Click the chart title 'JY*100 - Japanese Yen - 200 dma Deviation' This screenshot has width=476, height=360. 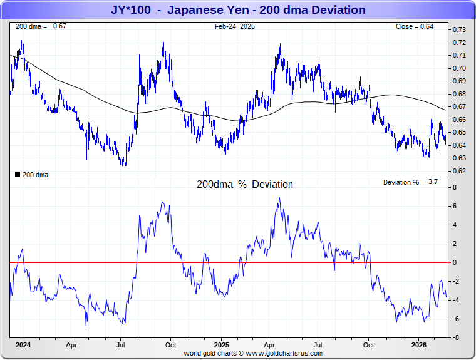tap(238, 10)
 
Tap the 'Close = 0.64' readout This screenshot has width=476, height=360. tap(414, 26)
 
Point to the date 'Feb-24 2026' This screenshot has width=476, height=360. tap(235, 26)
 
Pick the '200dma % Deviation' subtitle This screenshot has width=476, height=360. tap(245, 185)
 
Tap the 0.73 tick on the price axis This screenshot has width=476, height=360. tap(459, 30)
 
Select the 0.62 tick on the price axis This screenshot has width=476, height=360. tap(459, 171)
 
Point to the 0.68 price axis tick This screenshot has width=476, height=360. tap(459, 94)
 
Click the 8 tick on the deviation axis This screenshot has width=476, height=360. tap(455, 187)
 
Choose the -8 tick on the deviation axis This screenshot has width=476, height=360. tap(457, 337)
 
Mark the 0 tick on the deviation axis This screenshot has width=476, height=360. tap(455, 262)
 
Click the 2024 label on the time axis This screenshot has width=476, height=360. tap(23, 344)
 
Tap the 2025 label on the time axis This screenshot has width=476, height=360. tap(222, 344)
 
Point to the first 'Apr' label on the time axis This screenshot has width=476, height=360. tap(71, 344)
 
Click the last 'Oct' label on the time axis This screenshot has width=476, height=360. tap(369, 344)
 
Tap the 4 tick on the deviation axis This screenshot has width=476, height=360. tap(455, 225)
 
